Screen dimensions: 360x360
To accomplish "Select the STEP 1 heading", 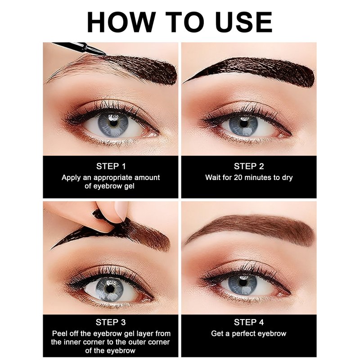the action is [x=111, y=166].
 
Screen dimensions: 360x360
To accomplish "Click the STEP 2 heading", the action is [x=249, y=166].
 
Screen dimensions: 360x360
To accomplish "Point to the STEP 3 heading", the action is [x=111, y=322].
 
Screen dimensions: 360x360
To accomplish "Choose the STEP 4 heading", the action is [x=249, y=322].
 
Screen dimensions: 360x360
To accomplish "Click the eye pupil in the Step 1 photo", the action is [x=114, y=123].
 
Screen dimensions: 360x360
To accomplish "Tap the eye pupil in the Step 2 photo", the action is [x=243, y=124].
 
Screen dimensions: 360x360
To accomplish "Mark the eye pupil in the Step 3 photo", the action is [x=110, y=288].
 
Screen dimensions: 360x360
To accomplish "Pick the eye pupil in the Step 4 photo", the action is [x=243, y=283].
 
